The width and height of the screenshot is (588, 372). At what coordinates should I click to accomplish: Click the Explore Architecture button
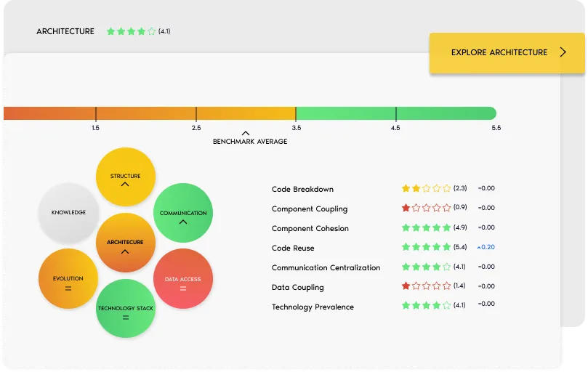pos(507,52)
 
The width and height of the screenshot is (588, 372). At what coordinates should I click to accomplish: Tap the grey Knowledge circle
pos(68,212)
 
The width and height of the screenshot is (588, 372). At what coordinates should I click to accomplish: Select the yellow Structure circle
pos(125,177)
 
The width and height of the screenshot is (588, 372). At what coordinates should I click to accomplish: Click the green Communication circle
pos(183,213)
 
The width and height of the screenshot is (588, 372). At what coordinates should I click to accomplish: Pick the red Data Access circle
pos(182,279)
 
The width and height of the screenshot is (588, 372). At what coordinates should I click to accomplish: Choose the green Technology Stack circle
pos(126,310)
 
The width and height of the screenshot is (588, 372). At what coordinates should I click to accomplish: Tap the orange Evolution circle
pos(68,279)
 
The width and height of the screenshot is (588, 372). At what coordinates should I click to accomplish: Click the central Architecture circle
pos(125,243)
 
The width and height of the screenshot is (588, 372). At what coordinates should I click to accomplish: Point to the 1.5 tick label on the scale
pos(95,128)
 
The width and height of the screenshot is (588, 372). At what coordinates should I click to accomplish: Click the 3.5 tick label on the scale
pos(296,128)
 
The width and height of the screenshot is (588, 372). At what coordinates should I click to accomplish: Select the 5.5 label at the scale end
pos(496,128)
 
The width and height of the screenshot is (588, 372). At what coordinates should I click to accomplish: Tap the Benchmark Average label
pos(249,142)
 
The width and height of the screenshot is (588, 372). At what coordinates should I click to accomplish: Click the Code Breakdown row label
pos(302,190)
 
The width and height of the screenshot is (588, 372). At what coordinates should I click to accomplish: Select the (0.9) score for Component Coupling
pos(459,208)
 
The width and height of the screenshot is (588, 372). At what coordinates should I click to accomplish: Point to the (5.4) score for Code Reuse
pos(459,247)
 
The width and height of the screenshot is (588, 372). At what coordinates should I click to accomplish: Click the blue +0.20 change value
pos(486,247)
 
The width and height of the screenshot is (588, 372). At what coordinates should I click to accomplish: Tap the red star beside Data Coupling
pos(406,286)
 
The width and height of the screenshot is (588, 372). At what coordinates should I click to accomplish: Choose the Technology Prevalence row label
pos(313,307)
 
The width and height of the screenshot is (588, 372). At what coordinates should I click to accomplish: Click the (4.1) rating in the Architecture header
pos(164,31)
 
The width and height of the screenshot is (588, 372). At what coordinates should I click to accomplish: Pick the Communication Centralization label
pos(326,267)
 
